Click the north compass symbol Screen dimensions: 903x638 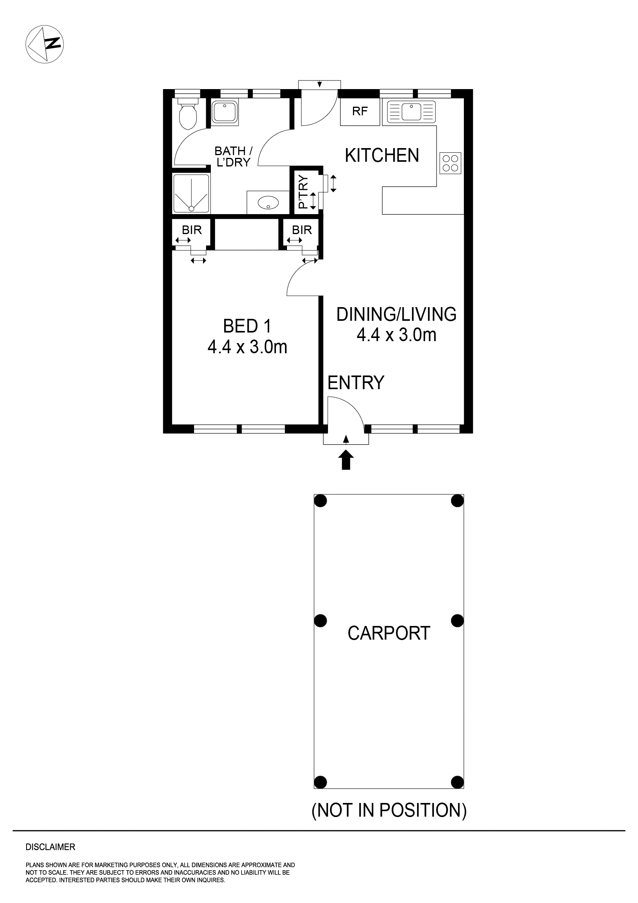coord(45,44)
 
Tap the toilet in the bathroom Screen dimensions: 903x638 coord(187,114)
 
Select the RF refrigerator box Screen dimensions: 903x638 coord(360,112)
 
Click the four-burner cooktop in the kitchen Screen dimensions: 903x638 coord(450,163)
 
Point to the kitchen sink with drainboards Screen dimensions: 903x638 coord(411,111)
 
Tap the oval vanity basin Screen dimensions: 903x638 coord(268,203)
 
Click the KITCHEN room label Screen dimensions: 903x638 coord(382,156)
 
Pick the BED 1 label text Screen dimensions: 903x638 coord(247,326)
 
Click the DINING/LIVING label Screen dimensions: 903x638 coord(396,314)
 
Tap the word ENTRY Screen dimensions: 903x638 coord(356,383)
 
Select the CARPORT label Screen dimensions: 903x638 coord(389,633)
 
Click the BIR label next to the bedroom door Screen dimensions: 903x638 coord(301,230)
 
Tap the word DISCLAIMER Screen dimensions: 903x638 coord(50,847)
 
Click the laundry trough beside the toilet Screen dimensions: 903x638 coord(225,112)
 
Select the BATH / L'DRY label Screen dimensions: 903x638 coord(233,157)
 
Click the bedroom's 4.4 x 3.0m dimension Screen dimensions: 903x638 coord(247,347)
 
